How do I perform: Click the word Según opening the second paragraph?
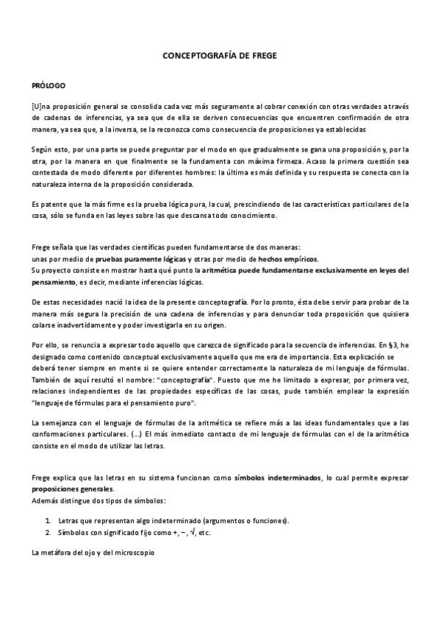[x=43, y=148]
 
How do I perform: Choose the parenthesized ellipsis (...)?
[x=137, y=434]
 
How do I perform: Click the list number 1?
[x=47, y=520]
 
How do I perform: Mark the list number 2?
[x=47, y=531]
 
